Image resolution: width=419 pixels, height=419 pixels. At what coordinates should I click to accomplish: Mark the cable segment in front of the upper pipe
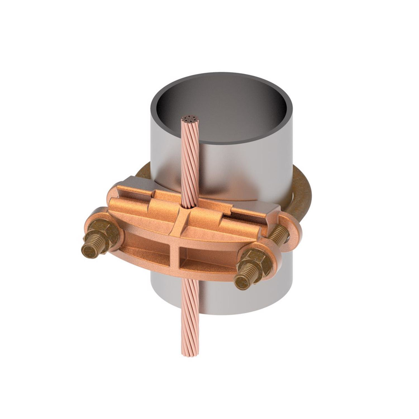(x=190, y=164)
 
